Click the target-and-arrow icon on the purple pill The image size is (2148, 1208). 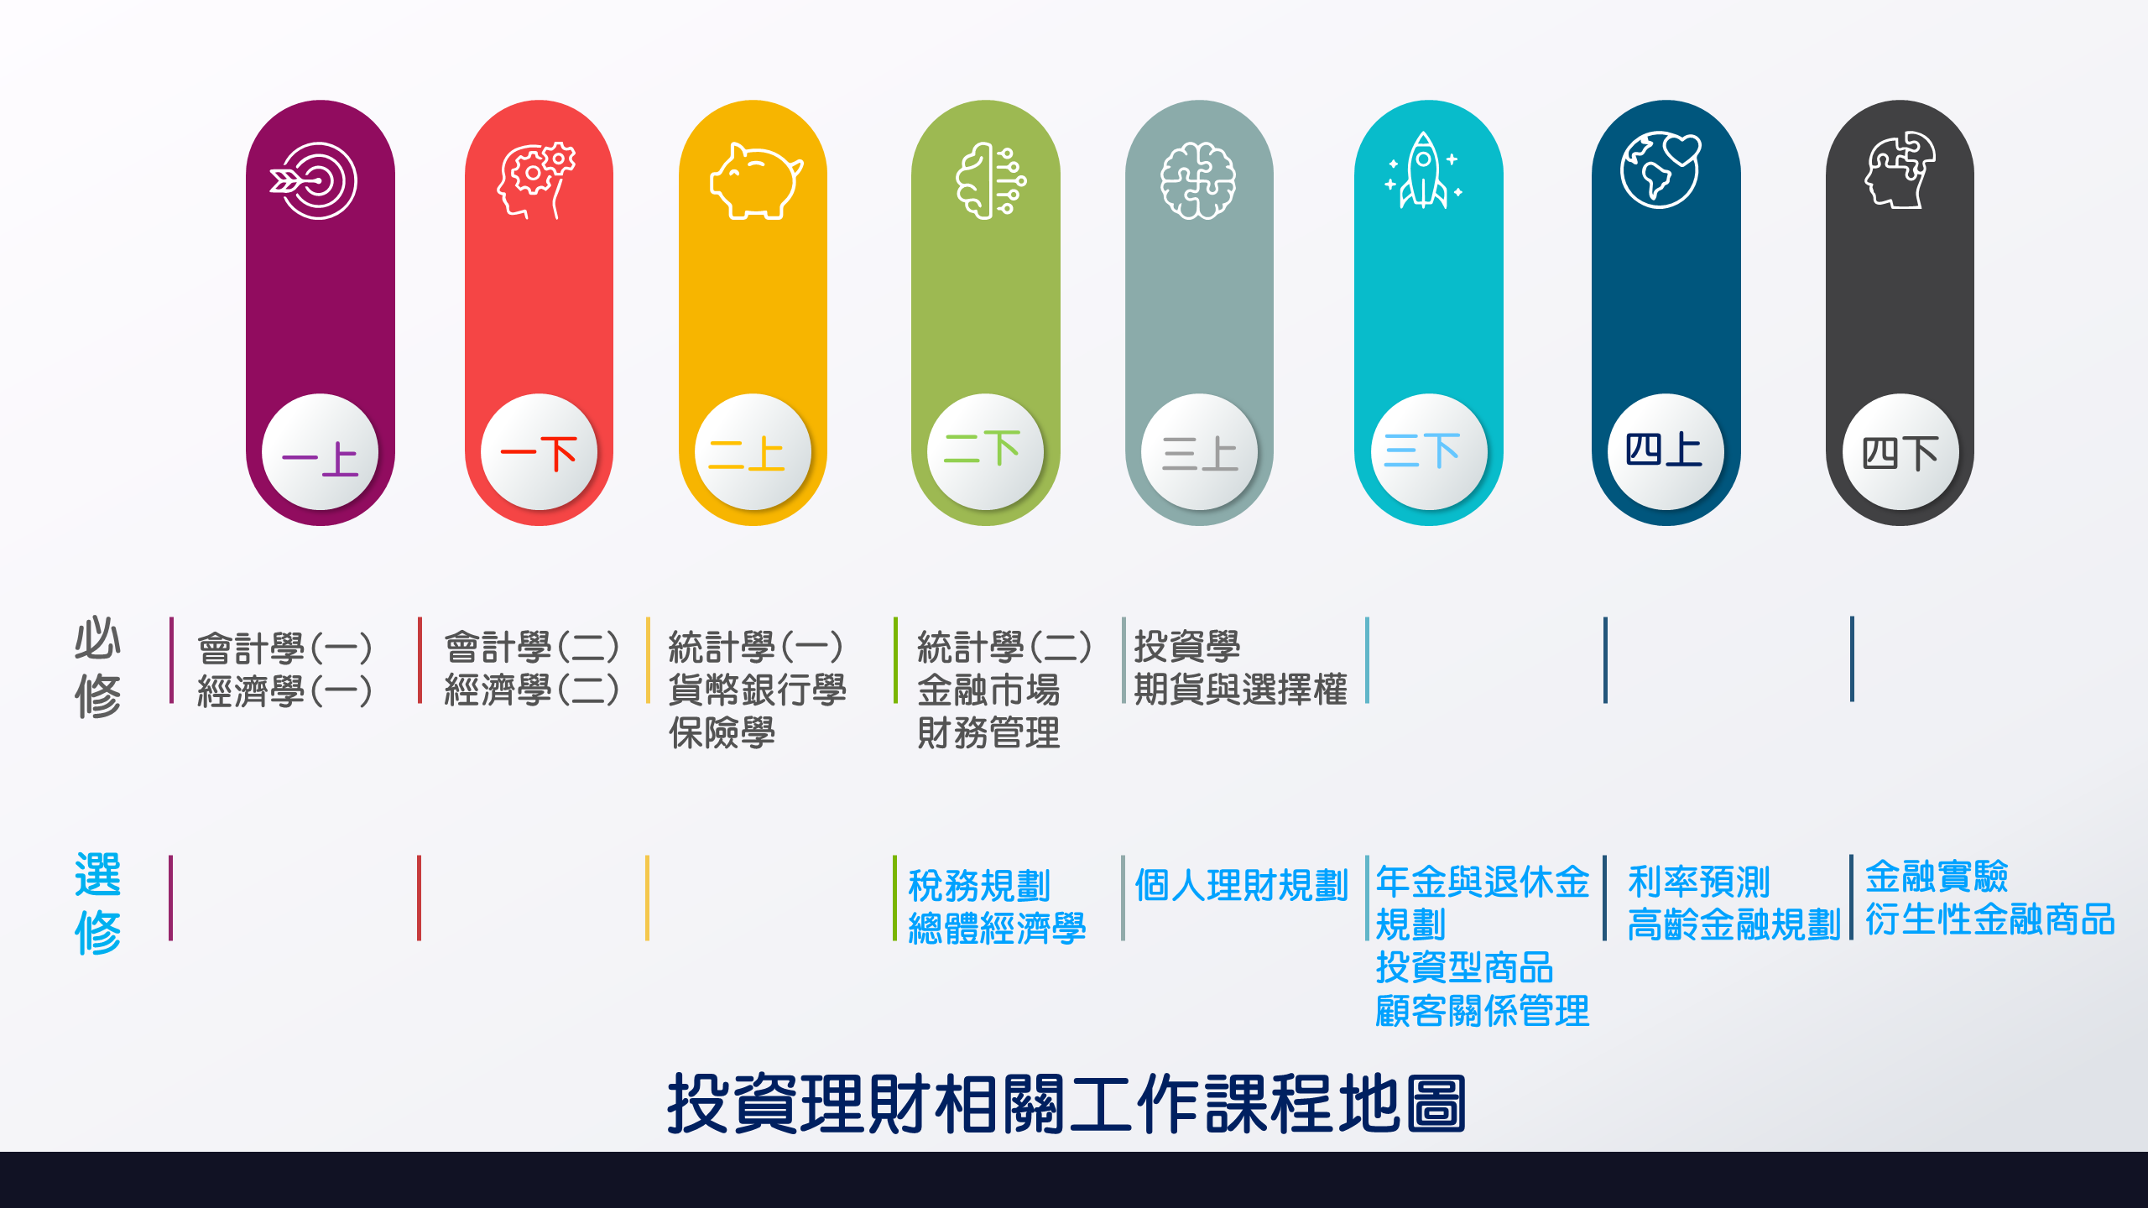click(x=314, y=180)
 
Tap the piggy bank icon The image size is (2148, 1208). click(x=756, y=180)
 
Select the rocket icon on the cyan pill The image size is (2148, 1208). click(x=1423, y=170)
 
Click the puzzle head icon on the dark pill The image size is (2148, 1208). click(x=1900, y=169)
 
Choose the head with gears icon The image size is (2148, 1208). click(x=536, y=180)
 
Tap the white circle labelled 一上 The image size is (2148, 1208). click(x=320, y=452)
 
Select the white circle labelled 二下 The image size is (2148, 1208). click(x=985, y=452)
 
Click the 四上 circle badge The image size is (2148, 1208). click(x=1666, y=452)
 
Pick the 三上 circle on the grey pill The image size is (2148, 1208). click(x=1199, y=452)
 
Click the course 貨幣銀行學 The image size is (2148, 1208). click(x=757, y=690)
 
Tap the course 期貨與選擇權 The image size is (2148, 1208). click(x=1240, y=690)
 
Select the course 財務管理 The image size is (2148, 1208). click(x=988, y=733)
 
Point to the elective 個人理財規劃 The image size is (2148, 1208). click(x=1241, y=886)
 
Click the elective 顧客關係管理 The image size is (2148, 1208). click(x=1482, y=1011)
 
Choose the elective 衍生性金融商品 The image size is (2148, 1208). click(x=1989, y=919)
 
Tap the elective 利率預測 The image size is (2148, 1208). click(x=1698, y=882)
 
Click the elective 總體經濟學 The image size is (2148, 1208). click(x=997, y=929)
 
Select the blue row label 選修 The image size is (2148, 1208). click(x=98, y=903)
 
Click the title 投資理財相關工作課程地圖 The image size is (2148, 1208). click(x=1066, y=1104)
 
